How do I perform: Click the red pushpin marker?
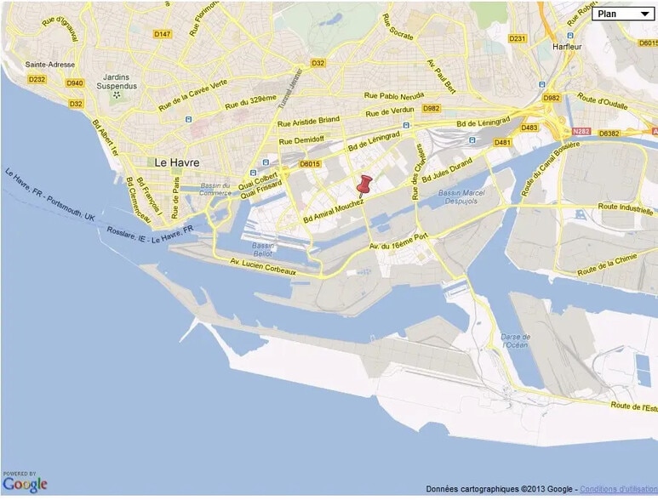[366, 185]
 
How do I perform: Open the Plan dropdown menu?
[623, 14]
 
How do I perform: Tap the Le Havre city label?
[177, 162]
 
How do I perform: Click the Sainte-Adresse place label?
[51, 65]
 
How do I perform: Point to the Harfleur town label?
[566, 47]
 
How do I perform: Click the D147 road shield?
[163, 34]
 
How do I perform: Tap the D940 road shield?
[74, 82]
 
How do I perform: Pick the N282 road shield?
[581, 132]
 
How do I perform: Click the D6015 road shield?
[310, 164]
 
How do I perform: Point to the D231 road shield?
[518, 38]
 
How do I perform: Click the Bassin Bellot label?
[264, 250]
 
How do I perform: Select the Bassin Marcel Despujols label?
[462, 198]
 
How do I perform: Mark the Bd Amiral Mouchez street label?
[334, 207]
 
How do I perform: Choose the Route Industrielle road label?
[626, 207]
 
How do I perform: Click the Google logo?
[25, 484]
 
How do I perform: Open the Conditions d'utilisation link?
[621, 489]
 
